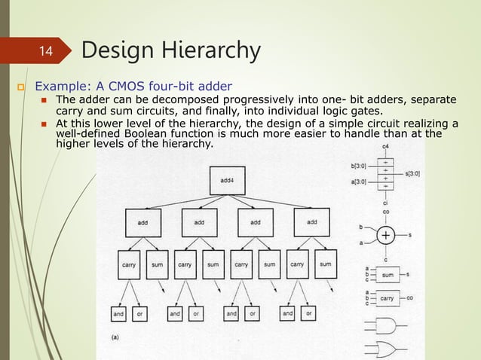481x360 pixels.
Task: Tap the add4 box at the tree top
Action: pyautogui.click(x=228, y=180)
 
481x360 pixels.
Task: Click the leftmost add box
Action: pyautogui.click(x=142, y=222)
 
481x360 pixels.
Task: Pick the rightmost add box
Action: pyautogui.click(x=312, y=222)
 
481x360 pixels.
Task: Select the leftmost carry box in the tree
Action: pyautogui.click(x=128, y=264)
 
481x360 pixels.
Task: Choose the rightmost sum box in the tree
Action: pyautogui.click(x=326, y=264)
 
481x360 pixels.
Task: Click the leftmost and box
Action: pyautogui.click(x=118, y=313)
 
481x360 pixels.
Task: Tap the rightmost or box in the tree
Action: pyautogui.click(x=309, y=313)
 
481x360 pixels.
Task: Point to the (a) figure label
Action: pyautogui.click(x=115, y=337)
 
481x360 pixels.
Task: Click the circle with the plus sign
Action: pyautogui.click(x=385, y=236)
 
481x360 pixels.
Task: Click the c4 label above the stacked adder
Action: pyautogui.click(x=386, y=145)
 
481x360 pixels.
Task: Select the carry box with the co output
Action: pyautogui.click(x=388, y=297)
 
